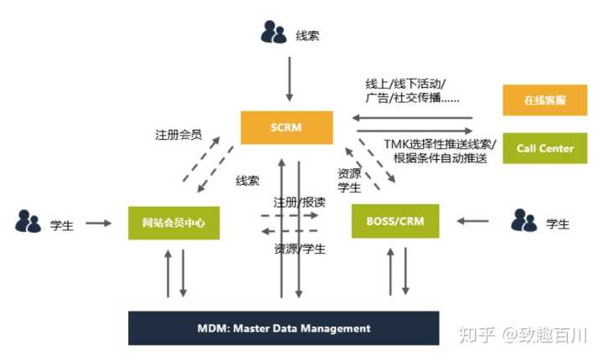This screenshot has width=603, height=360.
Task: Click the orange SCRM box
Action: (x=286, y=127)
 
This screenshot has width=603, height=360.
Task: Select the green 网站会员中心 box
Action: (x=174, y=223)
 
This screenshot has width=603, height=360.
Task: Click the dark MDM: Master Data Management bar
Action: (x=284, y=328)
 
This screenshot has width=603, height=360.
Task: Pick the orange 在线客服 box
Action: (x=545, y=100)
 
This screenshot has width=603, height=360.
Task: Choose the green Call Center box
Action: (x=545, y=148)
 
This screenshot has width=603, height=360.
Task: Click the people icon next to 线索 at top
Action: (x=274, y=33)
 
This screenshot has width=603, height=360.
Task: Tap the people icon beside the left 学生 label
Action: (x=28, y=222)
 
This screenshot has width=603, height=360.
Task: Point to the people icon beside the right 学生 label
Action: (x=523, y=221)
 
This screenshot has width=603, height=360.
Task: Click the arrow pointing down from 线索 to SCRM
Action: (x=288, y=79)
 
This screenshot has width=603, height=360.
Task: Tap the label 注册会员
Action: (x=178, y=134)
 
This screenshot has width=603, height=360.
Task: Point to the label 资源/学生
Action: (x=300, y=249)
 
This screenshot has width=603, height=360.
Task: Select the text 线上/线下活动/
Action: (x=405, y=84)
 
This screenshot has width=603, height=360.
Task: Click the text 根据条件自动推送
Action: (x=435, y=159)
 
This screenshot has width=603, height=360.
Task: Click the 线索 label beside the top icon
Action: (x=307, y=36)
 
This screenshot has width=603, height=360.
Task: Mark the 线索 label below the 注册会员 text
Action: (x=247, y=180)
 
